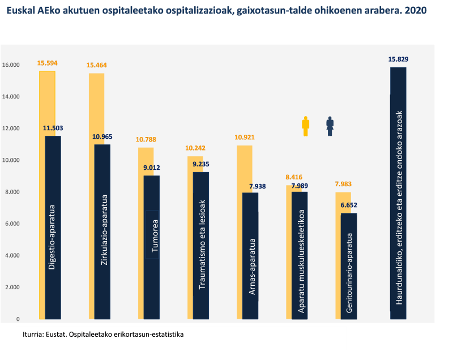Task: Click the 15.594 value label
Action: pos(47,63)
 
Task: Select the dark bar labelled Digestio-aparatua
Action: pos(53,226)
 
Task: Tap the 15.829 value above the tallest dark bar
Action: pos(398,59)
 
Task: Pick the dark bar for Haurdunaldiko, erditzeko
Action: pos(398,192)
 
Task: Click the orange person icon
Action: pos(305,126)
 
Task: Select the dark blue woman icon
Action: pos(330,126)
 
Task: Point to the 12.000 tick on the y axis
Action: pos(11,128)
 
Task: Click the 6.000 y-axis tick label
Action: pos(11,224)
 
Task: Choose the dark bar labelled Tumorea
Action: pos(152,247)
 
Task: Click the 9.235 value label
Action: pos(200,164)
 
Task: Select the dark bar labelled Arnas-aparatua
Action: pos(250,255)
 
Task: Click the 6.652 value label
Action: pos(349,205)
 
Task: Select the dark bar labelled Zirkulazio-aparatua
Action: pos(102,232)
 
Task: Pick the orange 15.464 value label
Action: pos(96,65)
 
